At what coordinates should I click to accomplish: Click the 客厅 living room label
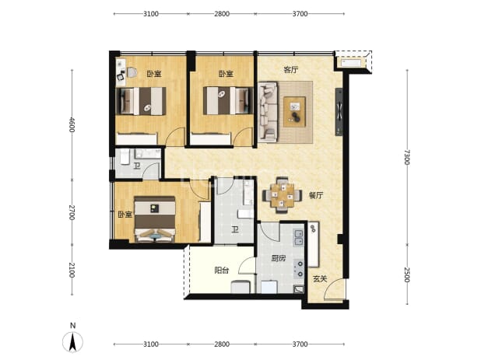pos(291,70)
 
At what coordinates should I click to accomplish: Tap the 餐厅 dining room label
pos(316,195)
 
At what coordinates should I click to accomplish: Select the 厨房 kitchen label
pos(278,258)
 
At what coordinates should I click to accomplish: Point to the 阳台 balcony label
pos(222,271)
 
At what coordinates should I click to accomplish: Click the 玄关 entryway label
pos(320,279)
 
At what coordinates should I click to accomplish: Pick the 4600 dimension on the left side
pos(72,124)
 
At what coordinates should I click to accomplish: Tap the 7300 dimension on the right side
pos(407,157)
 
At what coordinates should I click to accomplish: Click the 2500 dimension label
pos(407,274)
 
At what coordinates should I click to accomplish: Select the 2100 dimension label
pos(72,270)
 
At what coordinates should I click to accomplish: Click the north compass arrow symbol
pos(72,341)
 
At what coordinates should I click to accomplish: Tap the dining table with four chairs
pos(282,195)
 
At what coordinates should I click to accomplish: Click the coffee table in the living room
pos(294,111)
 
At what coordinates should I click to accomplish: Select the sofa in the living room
pos(268,112)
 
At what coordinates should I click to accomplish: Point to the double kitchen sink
pos(298,238)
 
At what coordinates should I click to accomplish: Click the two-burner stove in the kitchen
pos(299,269)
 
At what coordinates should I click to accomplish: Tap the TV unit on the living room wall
pos(339,112)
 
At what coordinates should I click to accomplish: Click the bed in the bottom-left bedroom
pos(155,219)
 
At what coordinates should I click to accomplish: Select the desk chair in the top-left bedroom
pos(132,72)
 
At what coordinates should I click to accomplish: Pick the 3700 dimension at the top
pos(300,14)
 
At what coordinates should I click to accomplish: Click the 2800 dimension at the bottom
pos(222,344)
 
